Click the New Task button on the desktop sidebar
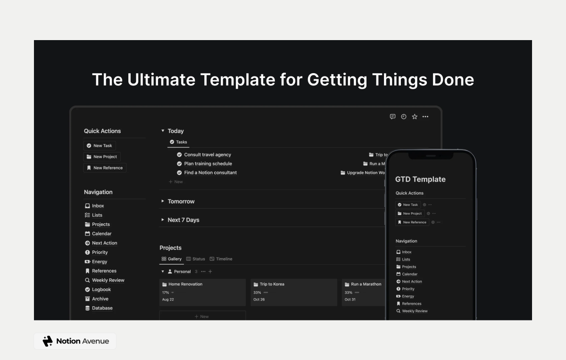[x=100, y=146]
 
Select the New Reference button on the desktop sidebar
[x=105, y=168]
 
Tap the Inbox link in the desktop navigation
[x=98, y=206]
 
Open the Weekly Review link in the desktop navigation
[x=108, y=280]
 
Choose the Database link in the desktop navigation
[x=102, y=308]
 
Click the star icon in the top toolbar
[x=415, y=117]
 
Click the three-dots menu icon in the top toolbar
[x=425, y=117]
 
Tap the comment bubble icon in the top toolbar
[x=392, y=117]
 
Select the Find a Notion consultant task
[x=210, y=173]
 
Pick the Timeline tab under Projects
[x=221, y=259]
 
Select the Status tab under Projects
[x=196, y=259]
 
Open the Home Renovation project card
[x=202, y=292]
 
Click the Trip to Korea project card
[x=293, y=292]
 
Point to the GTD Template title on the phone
[x=420, y=179]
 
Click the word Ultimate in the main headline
[x=161, y=79]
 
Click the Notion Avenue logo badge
[x=75, y=341]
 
